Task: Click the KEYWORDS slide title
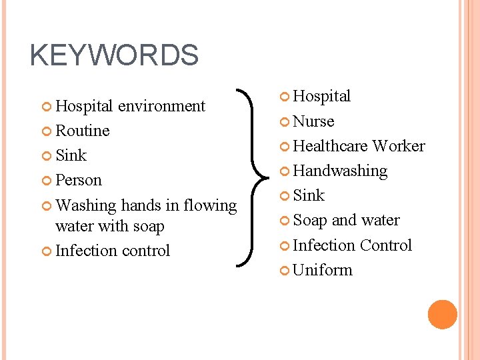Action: [114, 55]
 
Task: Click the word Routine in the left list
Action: [83, 131]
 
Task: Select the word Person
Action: [79, 180]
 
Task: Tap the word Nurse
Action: [313, 121]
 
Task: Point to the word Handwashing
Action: [340, 171]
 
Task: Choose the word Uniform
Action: [323, 270]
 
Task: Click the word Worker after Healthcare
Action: [398, 146]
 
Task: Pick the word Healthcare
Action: [330, 146]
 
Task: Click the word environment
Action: [161, 106]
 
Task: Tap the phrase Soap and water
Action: [346, 220]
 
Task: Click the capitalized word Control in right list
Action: [386, 245]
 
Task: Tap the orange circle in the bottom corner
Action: [442, 314]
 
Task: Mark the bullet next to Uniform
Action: [285, 271]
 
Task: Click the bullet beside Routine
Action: [47, 131]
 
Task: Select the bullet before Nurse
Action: [285, 122]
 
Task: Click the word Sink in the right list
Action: [309, 195]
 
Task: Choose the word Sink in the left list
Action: [71, 155]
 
